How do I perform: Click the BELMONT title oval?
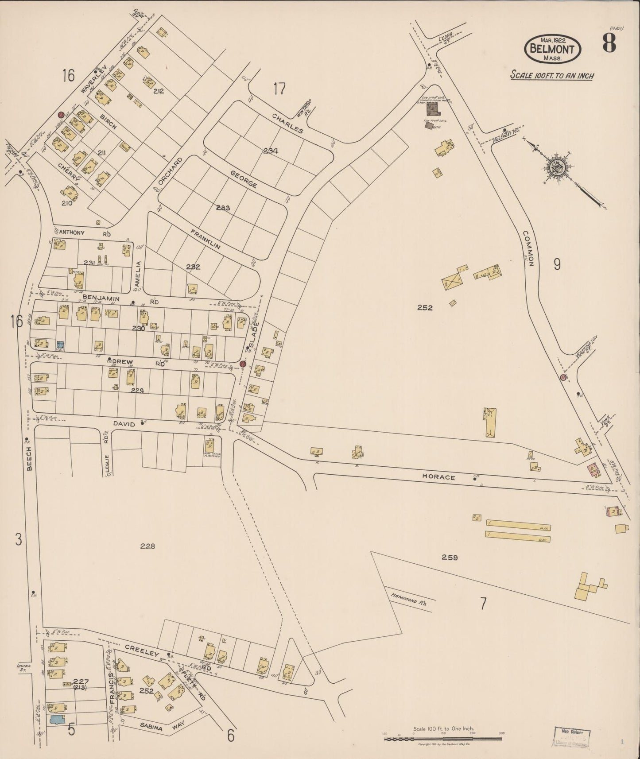tap(552, 49)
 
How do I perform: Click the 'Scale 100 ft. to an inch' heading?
tap(552, 75)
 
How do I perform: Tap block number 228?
tap(147, 546)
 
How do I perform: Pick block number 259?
tap(449, 558)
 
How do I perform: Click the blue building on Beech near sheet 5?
tap(57, 720)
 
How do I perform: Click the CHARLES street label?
tap(287, 124)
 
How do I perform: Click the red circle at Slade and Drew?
tap(242, 364)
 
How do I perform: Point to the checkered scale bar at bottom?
tap(443, 739)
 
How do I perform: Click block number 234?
tap(271, 151)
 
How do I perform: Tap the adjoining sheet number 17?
tap(279, 89)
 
